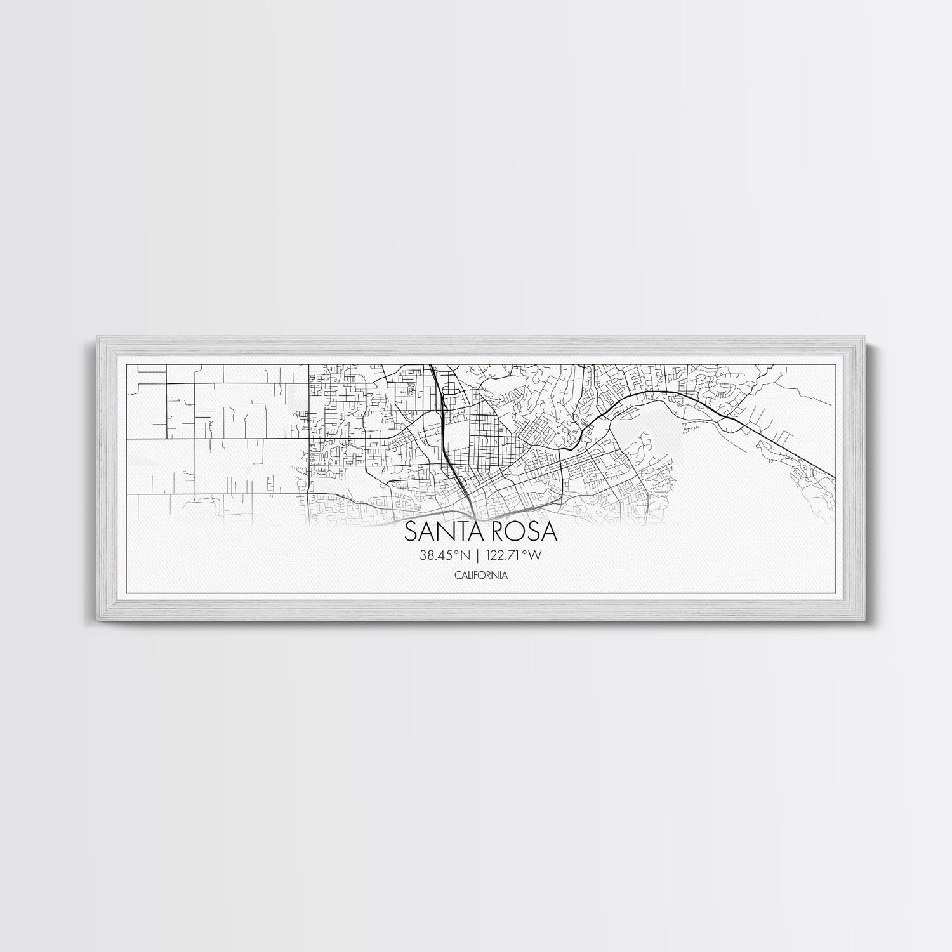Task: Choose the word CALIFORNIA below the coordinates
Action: click(480, 575)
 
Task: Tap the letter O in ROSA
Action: click(513, 532)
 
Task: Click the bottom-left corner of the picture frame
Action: click(95, 620)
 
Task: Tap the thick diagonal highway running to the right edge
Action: click(787, 444)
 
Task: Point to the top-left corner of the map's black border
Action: click(128, 364)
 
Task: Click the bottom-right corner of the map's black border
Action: click(835, 592)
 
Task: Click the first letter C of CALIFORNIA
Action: click(457, 575)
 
